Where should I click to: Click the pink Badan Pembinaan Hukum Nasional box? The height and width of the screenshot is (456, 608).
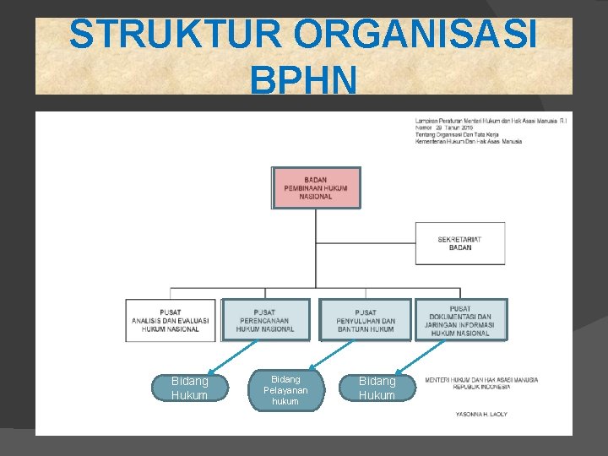pos(316,187)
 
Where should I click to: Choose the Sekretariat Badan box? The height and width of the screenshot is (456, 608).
pos(460,243)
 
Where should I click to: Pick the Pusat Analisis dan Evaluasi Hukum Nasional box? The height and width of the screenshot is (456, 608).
pos(171,320)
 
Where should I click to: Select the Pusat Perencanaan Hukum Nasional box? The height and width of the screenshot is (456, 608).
pos(266,320)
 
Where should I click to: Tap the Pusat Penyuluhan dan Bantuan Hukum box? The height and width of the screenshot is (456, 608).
pos(366,320)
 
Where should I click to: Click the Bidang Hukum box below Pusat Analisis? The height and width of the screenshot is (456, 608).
pos(189,388)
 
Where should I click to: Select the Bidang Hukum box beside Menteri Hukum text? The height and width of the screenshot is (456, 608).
pos(377,388)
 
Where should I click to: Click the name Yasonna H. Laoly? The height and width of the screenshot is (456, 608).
pos(480,415)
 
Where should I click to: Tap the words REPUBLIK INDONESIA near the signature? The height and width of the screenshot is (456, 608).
pos(481,387)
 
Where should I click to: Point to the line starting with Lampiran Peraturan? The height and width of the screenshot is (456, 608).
pos(491,121)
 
